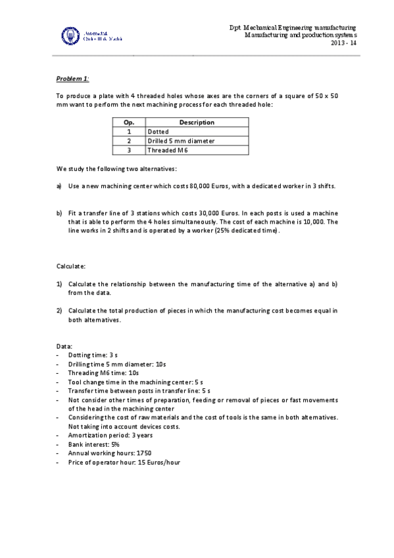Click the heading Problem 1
[x=72, y=78]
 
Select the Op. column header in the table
[x=129, y=122]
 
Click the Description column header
[x=197, y=122]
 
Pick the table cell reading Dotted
[x=159, y=132]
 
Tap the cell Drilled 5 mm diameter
[x=181, y=141]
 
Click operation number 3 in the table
[x=129, y=150]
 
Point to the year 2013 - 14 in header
[x=343, y=43]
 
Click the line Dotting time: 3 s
[x=93, y=355]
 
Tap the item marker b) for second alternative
[x=59, y=213]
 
